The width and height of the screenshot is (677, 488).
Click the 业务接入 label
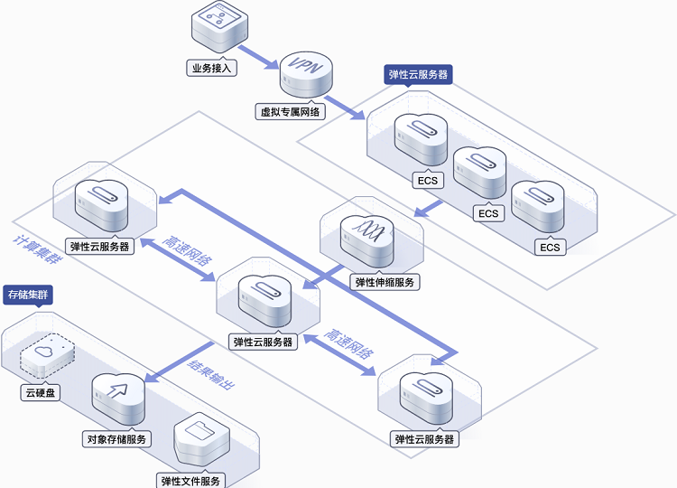tap(211, 68)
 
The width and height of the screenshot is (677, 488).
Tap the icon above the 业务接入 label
tap(219, 26)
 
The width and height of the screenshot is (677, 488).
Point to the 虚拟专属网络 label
tap(290, 111)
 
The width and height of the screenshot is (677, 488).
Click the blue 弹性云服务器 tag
tap(418, 74)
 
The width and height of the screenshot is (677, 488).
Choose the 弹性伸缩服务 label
tap(385, 282)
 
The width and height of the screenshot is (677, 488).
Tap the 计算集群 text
tap(38, 249)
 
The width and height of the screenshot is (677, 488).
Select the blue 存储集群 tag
tap(28, 296)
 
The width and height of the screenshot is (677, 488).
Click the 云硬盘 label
tap(41, 392)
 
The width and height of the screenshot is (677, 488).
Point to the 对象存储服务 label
tap(116, 439)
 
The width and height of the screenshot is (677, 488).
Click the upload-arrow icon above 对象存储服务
tap(118, 399)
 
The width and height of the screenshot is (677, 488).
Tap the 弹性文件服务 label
tap(190, 481)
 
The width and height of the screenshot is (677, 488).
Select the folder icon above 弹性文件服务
tap(201, 439)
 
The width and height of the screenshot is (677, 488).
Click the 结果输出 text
tap(211, 374)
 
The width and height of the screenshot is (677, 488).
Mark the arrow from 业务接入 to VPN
tap(258, 57)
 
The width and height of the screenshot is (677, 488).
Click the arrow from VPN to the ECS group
tap(344, 108)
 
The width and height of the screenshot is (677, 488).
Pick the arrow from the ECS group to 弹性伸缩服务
tap(428, 209)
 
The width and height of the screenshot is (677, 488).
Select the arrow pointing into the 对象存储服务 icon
tap(179, 362)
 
